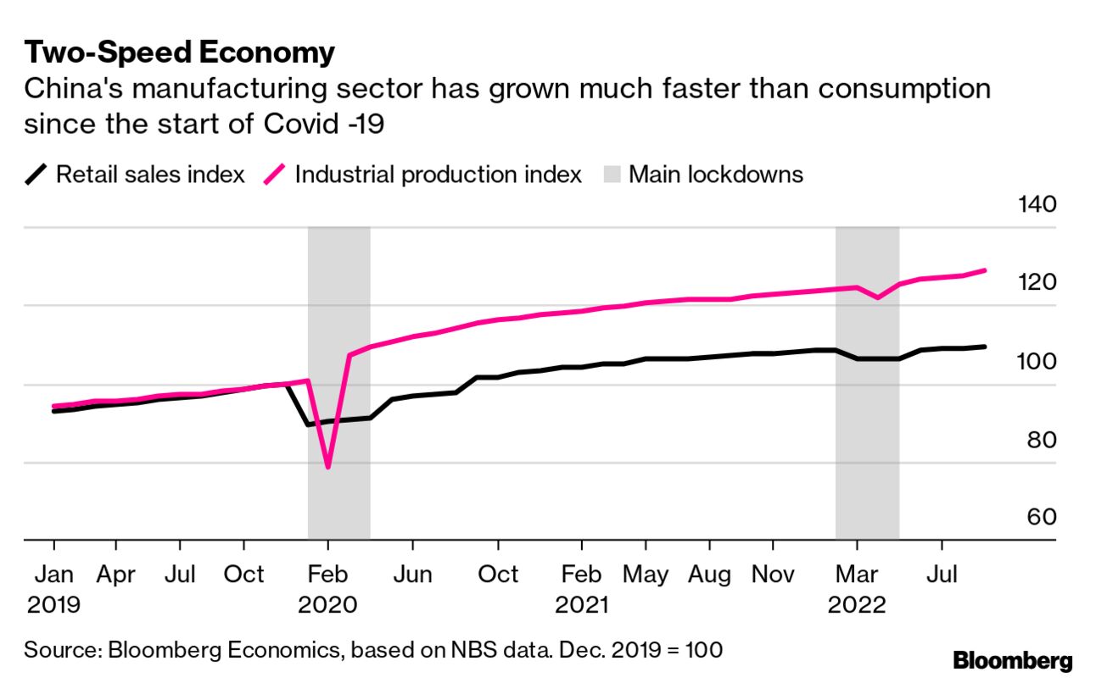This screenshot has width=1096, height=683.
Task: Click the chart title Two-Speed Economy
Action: (x=179, y=53)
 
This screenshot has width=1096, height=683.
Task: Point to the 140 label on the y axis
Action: (x=1036, y=205)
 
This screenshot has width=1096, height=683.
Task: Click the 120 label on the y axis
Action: (x=1036, y=283)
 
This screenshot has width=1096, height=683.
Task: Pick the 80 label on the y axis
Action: (x=1037, y=440)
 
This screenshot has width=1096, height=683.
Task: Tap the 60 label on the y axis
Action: (x=1037, y=518)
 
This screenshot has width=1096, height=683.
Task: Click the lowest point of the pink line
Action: (x=327, y=467)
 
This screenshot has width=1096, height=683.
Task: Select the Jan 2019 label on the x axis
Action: (x=54, y=589)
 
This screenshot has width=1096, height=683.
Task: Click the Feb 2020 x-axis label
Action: (x=328, y=589)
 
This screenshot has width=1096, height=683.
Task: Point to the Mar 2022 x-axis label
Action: (x=857, y=589)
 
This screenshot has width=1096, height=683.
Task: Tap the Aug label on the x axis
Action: (x=708, y=575)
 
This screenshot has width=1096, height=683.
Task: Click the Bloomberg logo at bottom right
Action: (x=1012, y=660)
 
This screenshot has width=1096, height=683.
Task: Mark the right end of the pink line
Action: (x=984, y=270)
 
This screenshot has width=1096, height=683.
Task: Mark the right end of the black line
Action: (x=984, y=347)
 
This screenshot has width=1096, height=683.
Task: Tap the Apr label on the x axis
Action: (x=115, y=575)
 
